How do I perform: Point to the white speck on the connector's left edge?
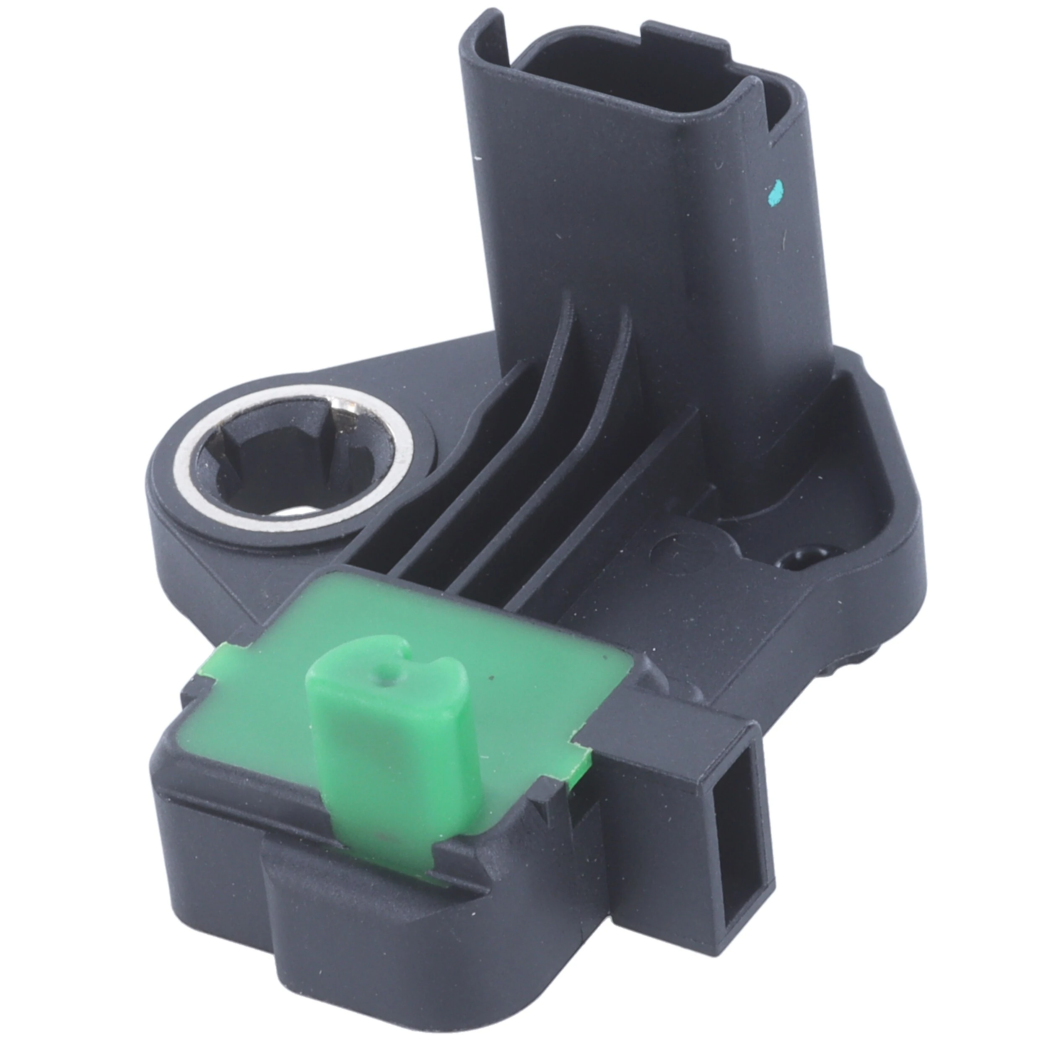[477, 158]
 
